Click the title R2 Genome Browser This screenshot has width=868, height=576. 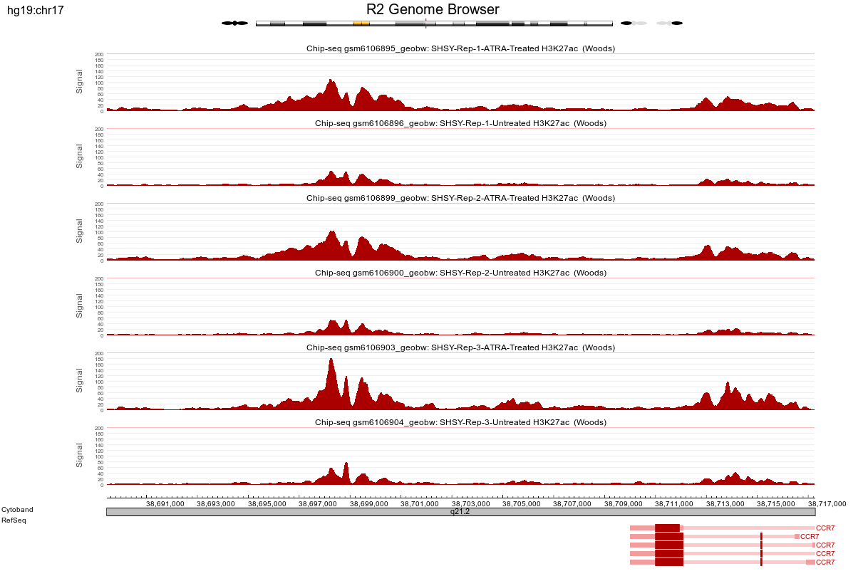coord(433,10)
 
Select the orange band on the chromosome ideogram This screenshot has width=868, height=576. coord(361,23)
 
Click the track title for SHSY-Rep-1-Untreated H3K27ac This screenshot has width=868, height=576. coord(460,123)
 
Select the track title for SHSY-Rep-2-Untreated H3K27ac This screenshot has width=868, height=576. coord(460,273)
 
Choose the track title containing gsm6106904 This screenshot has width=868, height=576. coord(460,422)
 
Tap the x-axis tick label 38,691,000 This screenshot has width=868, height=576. coord(165,504)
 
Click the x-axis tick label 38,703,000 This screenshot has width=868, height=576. coord(472,504)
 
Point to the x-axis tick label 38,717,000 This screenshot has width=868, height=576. coord(828,504)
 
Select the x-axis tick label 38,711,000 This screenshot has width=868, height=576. coord(676,504)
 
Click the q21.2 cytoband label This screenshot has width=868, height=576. coord(460,511)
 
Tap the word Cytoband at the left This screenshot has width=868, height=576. coord(17,510)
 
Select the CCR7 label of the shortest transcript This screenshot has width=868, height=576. coord(809,537)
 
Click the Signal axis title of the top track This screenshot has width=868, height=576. coord(80,81)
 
